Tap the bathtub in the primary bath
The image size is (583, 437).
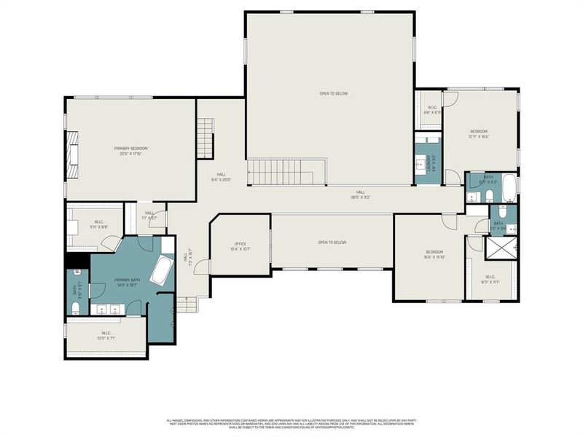click(161, 271)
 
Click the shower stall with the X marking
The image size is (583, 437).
click(502, 248)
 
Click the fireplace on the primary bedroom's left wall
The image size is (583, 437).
click(74, 156)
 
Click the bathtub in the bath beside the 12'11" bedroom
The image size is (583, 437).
click(509, 188)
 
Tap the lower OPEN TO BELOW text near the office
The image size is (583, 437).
click(332, 242)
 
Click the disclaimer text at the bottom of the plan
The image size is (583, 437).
click(291, 422)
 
